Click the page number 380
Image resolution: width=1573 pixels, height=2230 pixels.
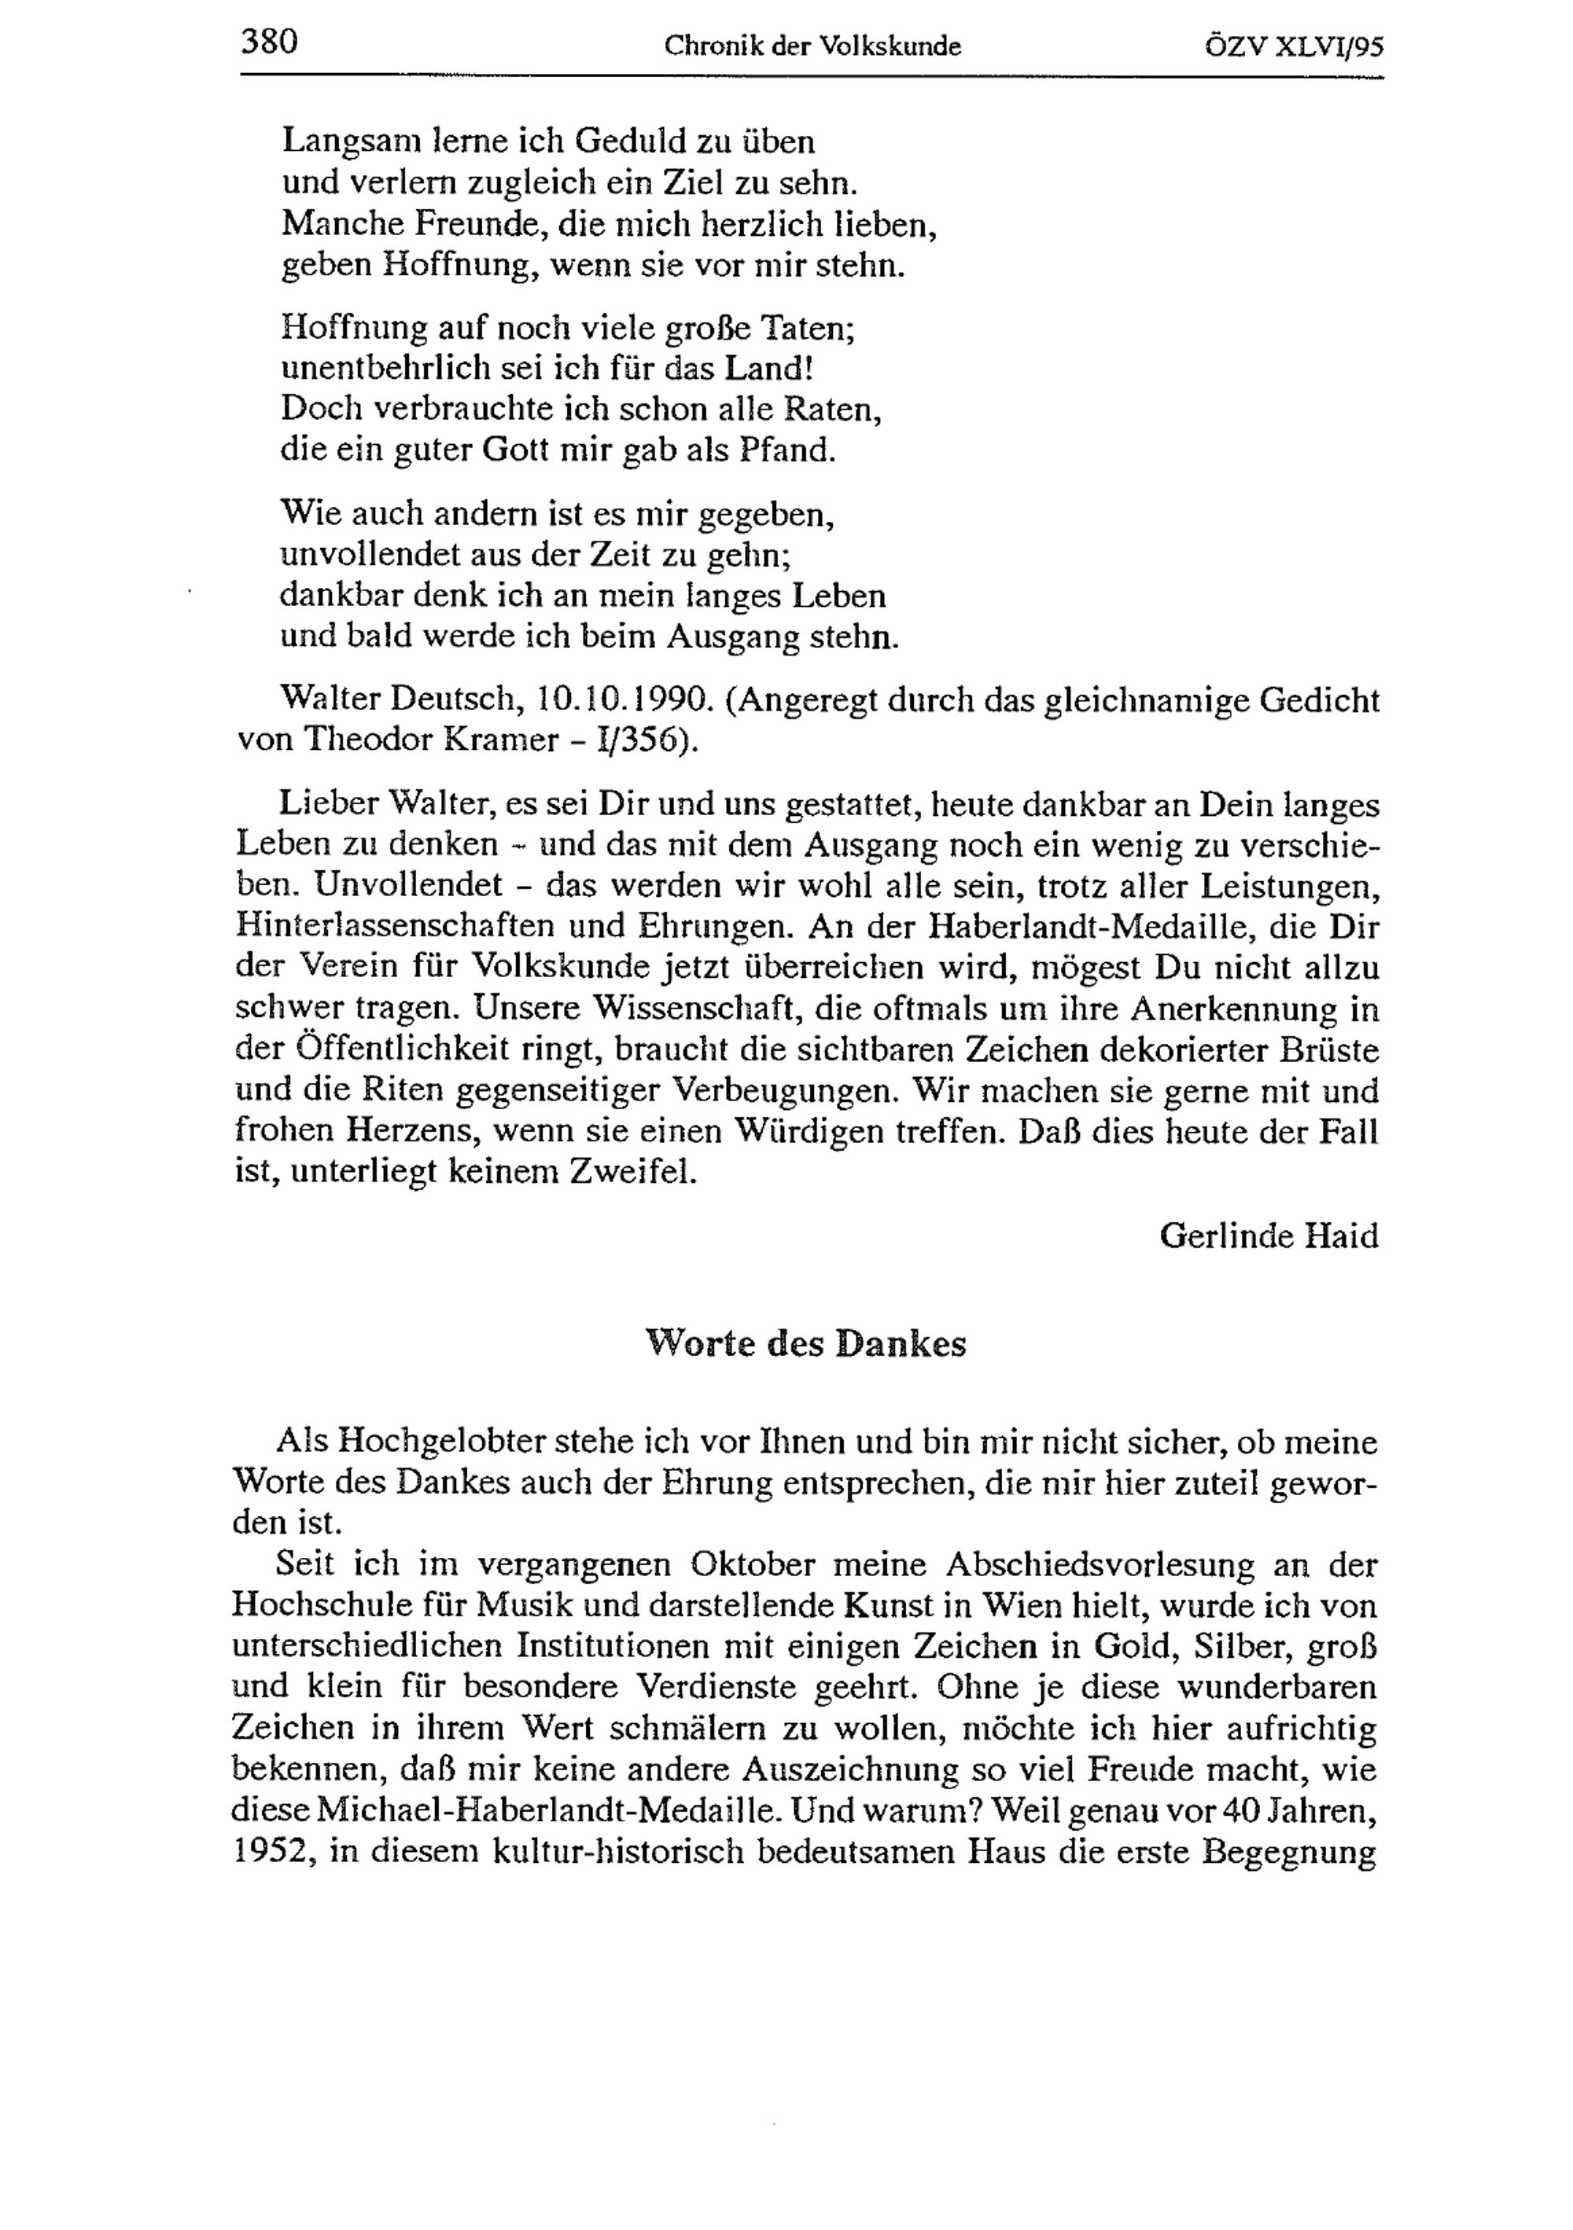click(x=268, y=42)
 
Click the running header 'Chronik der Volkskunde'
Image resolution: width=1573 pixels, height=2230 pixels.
click(x=812, y=46)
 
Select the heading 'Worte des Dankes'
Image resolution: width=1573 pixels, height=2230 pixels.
click(x=805, y=1343)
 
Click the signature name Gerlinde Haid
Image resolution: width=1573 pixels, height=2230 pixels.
click(x=1269, y=1236)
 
